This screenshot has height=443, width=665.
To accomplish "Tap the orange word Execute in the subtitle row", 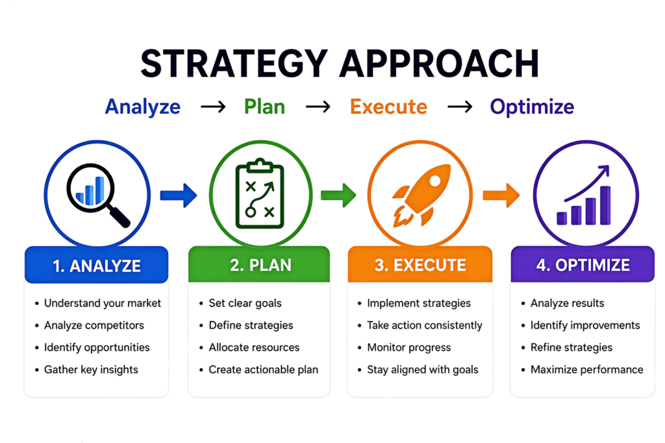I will coord(388,107).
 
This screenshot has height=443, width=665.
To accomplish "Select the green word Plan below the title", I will coord(264,107).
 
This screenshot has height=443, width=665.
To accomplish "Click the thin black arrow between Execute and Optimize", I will coord(459,107).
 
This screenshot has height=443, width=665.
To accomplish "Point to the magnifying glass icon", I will coord(97,194).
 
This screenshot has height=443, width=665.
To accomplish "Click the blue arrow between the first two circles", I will coord(179,195).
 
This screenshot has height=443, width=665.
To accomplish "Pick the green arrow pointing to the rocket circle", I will coord(338,194).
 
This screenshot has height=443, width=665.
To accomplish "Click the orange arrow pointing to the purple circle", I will coord(501,194).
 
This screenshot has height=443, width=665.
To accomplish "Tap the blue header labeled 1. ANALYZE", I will coord(97,265).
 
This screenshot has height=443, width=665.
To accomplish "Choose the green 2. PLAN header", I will coord(259,265).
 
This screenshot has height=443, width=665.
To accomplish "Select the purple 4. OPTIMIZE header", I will coord(583,265).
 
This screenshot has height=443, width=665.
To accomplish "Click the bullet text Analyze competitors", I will coord(94,325).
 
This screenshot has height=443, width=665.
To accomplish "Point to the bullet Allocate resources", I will coord(254,348).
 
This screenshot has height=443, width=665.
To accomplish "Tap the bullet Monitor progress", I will coord(408,348).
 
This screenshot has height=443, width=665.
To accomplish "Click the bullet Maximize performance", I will coord(586,370).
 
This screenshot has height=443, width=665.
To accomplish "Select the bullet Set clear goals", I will coord(245,303).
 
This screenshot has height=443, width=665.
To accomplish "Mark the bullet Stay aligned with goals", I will coord(422,370).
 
